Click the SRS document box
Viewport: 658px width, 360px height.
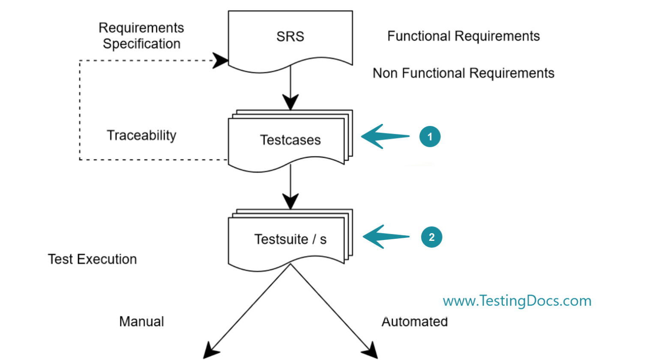[290, 39]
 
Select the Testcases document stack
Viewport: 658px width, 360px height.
[290, 140]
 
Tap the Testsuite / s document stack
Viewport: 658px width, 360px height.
[290, 239]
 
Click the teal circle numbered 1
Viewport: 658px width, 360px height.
[430, 137]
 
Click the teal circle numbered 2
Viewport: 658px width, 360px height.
[431, 237]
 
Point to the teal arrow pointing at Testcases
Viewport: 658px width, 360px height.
[385, 137]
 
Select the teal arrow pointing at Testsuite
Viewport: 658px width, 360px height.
[386, 237]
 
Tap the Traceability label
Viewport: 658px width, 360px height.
[141, 135]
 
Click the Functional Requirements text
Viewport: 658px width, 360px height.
[463, 36]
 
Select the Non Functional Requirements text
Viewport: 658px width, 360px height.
[463, 73]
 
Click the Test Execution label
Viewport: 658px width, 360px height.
[92, 259]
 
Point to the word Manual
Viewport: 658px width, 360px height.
[141, 321]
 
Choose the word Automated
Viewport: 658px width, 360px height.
[414, 321]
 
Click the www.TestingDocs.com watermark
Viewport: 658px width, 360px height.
[517, 301]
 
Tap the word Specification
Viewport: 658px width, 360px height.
[141, 44]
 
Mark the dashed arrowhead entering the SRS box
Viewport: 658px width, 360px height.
[221, 60]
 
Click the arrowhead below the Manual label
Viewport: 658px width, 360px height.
[210, 350]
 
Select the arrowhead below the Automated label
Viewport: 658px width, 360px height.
[370, 350]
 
